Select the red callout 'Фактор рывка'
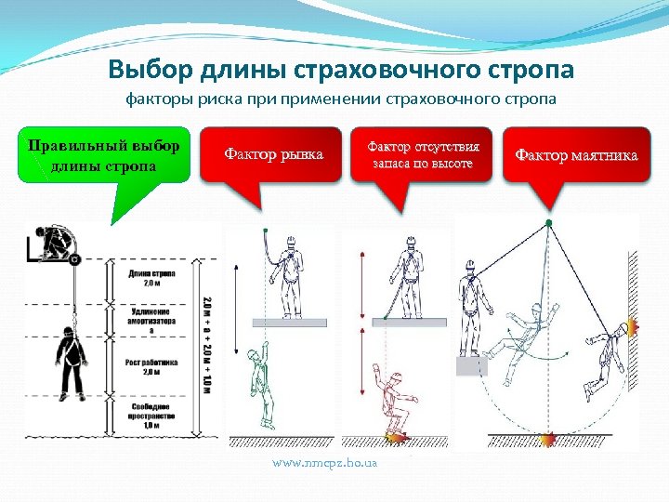pos(274,154)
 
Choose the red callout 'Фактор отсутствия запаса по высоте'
pos(423,154)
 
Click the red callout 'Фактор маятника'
pos(576,154)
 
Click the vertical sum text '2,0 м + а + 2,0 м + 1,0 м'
pos(206,340)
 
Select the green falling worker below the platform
pos(261,385)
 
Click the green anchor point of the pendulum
pos(548,223)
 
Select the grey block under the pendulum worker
pos(471,365)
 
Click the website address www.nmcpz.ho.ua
pos(323,462)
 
